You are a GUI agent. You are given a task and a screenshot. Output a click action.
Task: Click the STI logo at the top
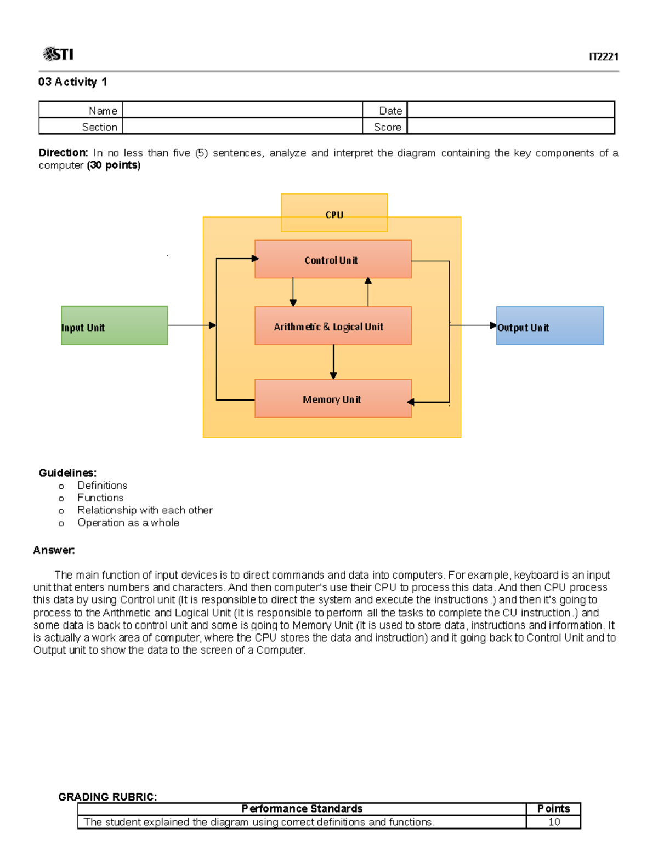click(58, 54)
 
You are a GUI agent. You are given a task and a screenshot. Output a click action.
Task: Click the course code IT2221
click(603, 57)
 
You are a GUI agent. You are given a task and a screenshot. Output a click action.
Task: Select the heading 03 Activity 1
click(72, 82)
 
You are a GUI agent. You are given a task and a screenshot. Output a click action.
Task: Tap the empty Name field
click(242, 110)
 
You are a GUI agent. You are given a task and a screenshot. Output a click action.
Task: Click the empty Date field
click(510, 110)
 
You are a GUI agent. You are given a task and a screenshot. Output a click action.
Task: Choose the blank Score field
click(510, 127)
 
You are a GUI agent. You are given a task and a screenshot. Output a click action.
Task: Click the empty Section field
click(242, 127)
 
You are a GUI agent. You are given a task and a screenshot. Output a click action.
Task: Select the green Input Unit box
click(114, 325)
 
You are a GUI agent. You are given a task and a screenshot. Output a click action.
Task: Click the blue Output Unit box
click(549, 325)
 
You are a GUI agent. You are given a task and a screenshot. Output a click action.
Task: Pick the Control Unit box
click(333, 259)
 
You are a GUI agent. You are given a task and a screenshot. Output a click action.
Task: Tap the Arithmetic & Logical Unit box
click(333, 326)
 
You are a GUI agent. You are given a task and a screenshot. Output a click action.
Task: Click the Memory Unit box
click(333, 398)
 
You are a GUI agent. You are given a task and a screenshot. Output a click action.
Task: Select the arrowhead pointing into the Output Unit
click(493, 325)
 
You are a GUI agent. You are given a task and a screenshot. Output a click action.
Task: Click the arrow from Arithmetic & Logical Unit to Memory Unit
click(333, 362)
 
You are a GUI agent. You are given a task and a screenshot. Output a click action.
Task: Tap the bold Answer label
click(54, 550)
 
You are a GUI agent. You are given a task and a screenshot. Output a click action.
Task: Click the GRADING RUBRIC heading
click(107, 797)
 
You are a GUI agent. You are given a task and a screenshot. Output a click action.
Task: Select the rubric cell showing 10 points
click(554, 822)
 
